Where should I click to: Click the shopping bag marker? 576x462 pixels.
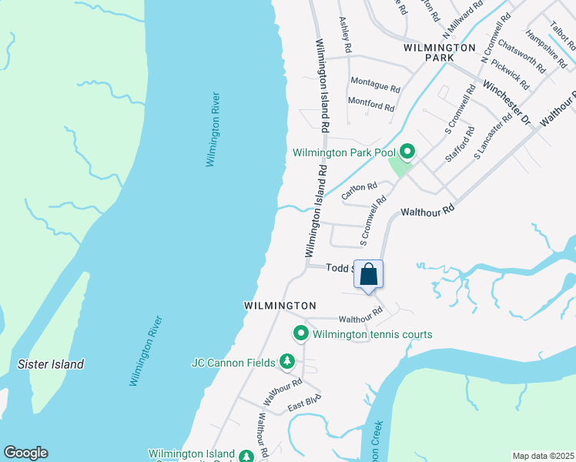(x=368, y=275)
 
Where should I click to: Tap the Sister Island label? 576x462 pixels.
(x=51, y=364)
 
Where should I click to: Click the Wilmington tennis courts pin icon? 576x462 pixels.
(x=300, y=333)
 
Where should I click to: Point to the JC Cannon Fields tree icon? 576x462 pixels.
(x=287, y=361)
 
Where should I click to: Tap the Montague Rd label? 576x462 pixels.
(x=376, y=81)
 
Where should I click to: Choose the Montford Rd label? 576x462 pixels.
(x=371, y=103)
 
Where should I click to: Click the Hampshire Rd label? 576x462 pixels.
(x=542, y=45)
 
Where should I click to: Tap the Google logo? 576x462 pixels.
(x=25, y=453)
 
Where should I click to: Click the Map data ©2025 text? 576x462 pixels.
(x=543, y=456)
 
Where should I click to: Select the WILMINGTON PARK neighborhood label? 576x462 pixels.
(x=440, y=52)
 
